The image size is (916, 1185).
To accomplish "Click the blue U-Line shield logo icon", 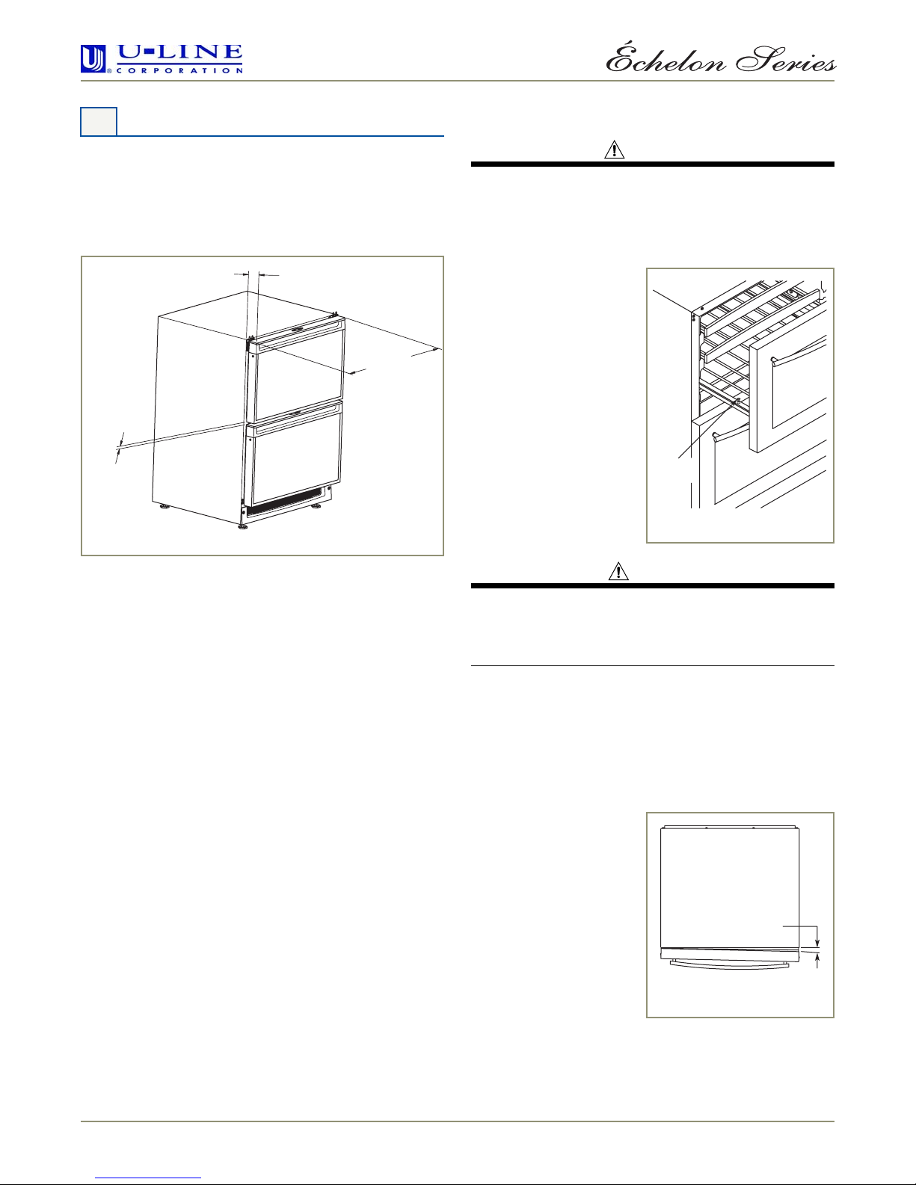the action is pos(93,58).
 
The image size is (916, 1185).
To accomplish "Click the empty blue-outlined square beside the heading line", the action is pos(99,122).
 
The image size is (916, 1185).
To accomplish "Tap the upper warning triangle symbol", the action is pos(615,150).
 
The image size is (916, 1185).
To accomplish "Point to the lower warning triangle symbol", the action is pos(619,571).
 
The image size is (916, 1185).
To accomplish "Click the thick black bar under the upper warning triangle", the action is pos(653,164).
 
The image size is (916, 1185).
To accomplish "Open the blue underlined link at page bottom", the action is pos(148,1178).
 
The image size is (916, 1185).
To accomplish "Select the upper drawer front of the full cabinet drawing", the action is pos(295,377).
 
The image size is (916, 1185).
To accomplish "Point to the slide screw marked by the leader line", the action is pos(738,402).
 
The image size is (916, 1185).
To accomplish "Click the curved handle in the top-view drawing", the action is pos(730,964).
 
